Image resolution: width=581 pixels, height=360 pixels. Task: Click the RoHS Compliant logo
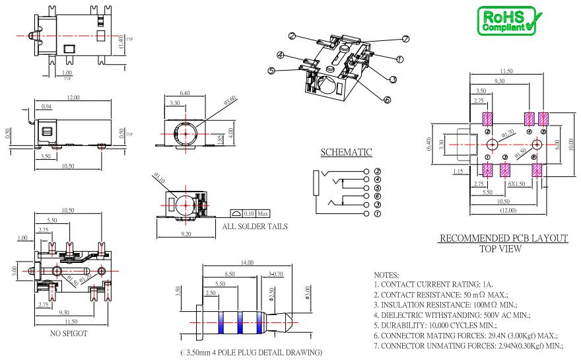coord(508,20)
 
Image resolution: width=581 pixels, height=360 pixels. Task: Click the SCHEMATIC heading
coord(346,153)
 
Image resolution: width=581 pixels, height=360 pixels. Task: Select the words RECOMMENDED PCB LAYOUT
coord(504,238)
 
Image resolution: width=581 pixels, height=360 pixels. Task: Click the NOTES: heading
coord(386,272)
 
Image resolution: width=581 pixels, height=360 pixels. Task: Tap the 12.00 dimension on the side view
coord(73,98)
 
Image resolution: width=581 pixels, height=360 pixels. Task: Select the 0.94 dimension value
coord(47,106)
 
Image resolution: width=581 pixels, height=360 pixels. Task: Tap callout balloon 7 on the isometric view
coord(405,38)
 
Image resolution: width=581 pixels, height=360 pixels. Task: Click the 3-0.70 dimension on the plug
coord(276,273)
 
